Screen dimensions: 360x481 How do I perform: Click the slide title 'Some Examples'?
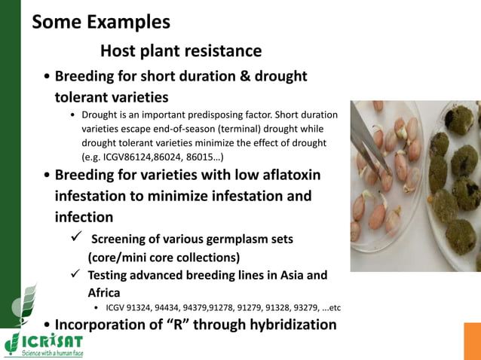pos(101,21)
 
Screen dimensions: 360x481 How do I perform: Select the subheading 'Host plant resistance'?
pos(181,51)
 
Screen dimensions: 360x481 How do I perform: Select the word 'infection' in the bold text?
pos(84,217)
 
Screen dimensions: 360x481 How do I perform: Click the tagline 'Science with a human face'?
pos(52,352)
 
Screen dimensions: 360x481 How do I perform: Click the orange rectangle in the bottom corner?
pos(472,340)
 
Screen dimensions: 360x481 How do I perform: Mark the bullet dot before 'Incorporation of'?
pos(48,325)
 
